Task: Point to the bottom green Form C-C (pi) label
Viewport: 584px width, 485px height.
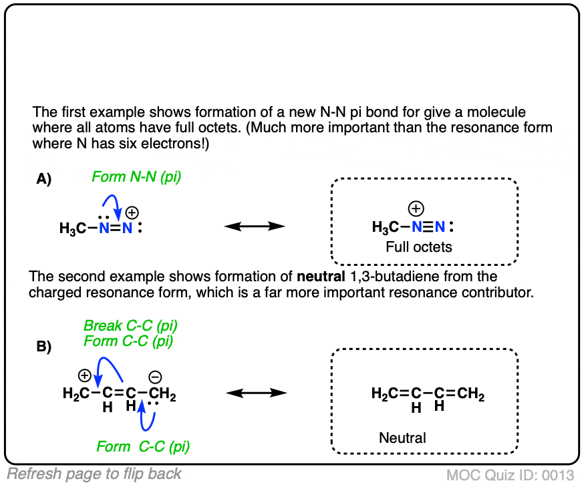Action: [143, 446]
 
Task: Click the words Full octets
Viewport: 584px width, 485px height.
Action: [419, 247]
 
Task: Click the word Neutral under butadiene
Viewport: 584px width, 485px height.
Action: [402, 438]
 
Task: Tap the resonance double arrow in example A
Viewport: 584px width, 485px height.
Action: [255, 227]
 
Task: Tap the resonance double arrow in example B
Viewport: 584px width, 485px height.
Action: [255, 392]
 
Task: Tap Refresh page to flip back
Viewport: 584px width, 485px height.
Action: [94, 474]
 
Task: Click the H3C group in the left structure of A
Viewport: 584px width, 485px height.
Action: [72, 229]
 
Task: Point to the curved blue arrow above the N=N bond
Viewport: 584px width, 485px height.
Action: [112, 202]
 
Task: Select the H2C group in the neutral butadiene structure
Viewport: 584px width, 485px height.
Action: [384, 395]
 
